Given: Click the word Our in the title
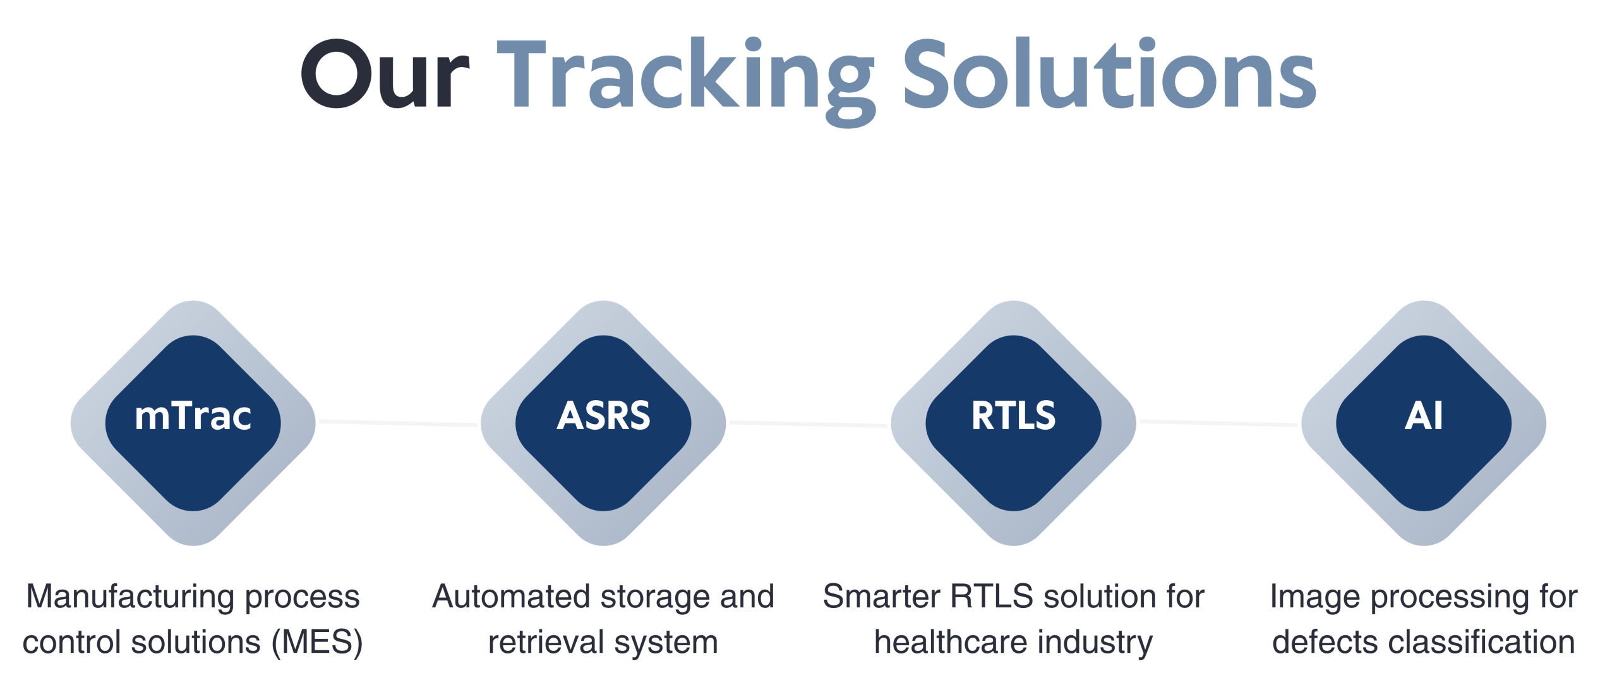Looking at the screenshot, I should click(385, 75).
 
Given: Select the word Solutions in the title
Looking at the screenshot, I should click(1109, 75).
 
